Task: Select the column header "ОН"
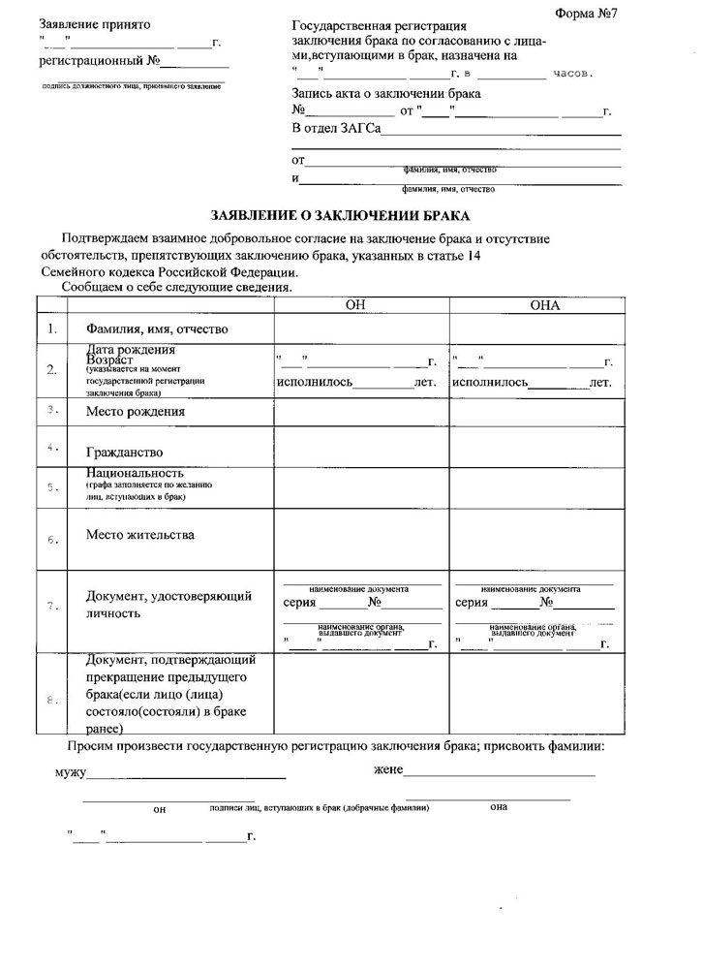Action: pyautogui.click(x=360, y=305)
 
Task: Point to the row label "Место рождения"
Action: pyautogui.click(x=136, y=412)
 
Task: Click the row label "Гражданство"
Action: pyautogui.click(x=124, y=453)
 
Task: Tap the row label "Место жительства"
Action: pyautogui.click(x=139, y=534)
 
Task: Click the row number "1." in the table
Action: pyautogui.click(x=51, y=329)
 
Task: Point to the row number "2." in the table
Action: pyautogui.click(x=51, y=370)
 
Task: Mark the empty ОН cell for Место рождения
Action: pyautogui.click(x=360, y=412)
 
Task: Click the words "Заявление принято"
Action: pyautogui.click(x=95, y=22)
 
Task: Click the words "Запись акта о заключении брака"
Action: pyautogui.click(x=386, y=94)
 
